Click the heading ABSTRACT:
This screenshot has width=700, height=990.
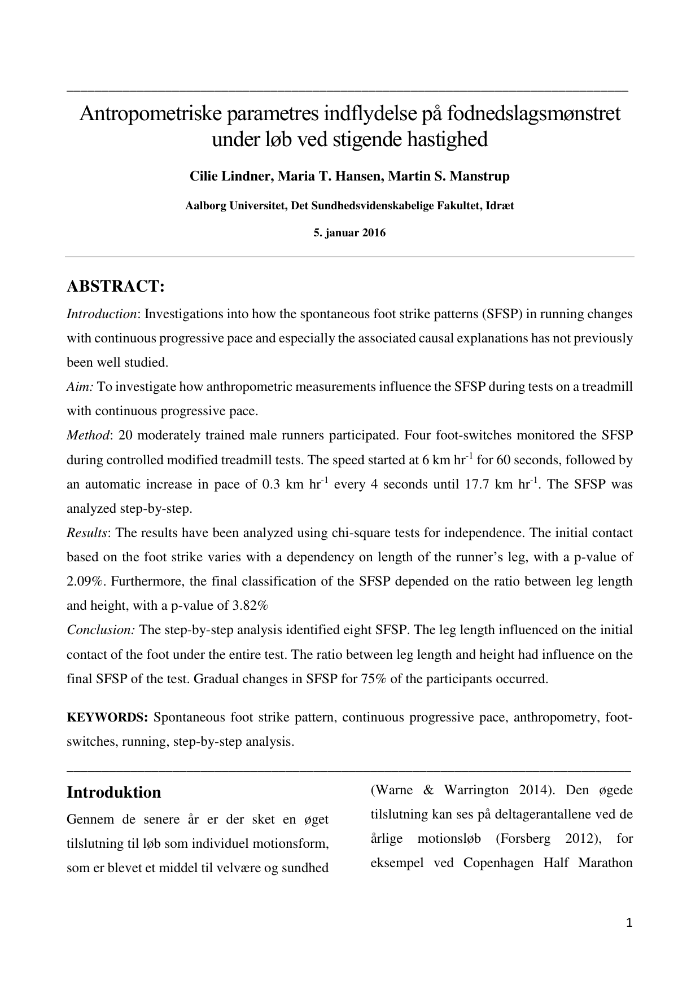click(x=116, y=287)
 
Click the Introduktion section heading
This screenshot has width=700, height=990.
click(x=113, y=792)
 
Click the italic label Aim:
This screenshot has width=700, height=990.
click(x=80, y=387)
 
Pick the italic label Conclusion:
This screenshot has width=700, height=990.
click(x=100, y=630)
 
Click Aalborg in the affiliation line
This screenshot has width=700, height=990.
click(x=205, y=206)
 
